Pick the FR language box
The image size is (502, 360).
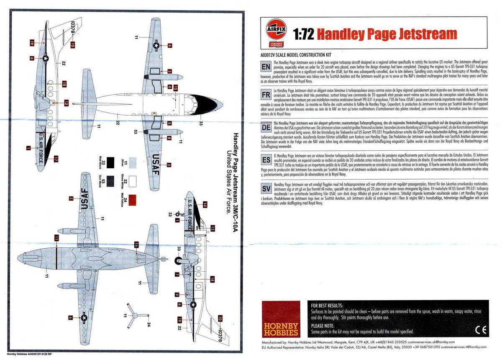[x=266, y=95]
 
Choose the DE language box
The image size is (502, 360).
[x=266, y=126]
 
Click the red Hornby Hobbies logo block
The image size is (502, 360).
[x=281, y=319]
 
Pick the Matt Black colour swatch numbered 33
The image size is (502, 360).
[x=111, y=162]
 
